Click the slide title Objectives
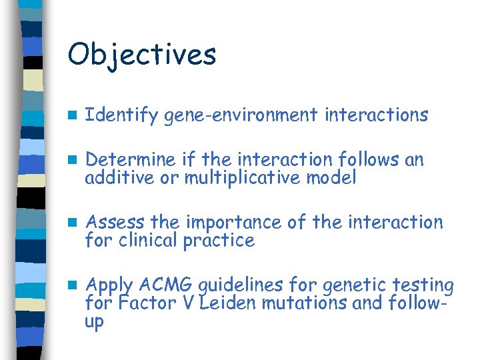point(141,54)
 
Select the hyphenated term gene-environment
point(241,115)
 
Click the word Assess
point(117,222)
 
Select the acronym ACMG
point(163,285)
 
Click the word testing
point(421,286)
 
